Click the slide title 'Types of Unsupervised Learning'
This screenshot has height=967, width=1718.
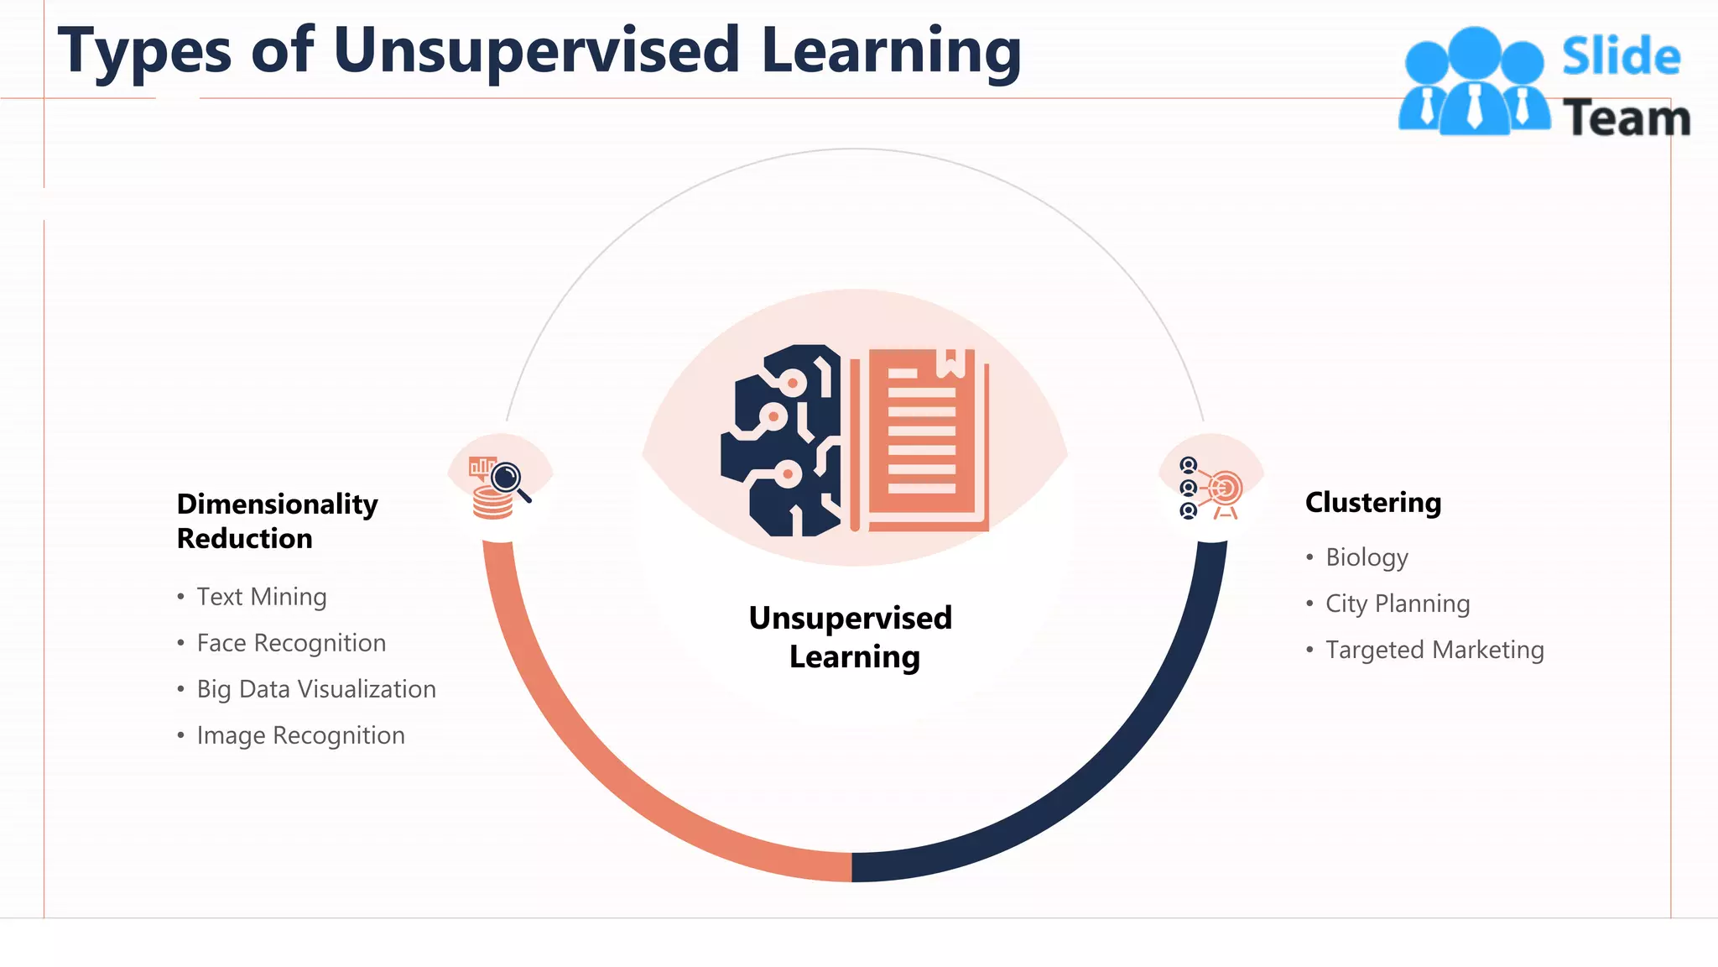[x=539, y=50]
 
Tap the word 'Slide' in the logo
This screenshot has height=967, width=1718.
[x=1621, y=57]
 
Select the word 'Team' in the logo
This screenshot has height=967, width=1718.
[x=1626, y=118]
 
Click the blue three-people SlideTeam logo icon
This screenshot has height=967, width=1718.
[x=1474, y=82]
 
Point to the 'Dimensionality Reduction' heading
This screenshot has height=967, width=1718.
[x=277, y=520]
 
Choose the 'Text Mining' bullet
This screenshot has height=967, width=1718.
[x=261, y=597]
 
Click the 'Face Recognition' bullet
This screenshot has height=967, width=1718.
[x=291, y=643]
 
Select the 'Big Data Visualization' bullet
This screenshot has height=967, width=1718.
[x=316, y=689]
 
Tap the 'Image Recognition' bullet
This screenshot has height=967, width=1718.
[x=300, y=735]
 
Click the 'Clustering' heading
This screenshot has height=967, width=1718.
[x=1372, y=502]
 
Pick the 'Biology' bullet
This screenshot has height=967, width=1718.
[x=1367, y=557]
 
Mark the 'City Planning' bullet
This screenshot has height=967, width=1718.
[x=1398, y=604]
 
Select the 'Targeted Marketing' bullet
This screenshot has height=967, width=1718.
[x=1434, y=650]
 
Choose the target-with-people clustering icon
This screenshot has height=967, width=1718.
[x=1211, y=489]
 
